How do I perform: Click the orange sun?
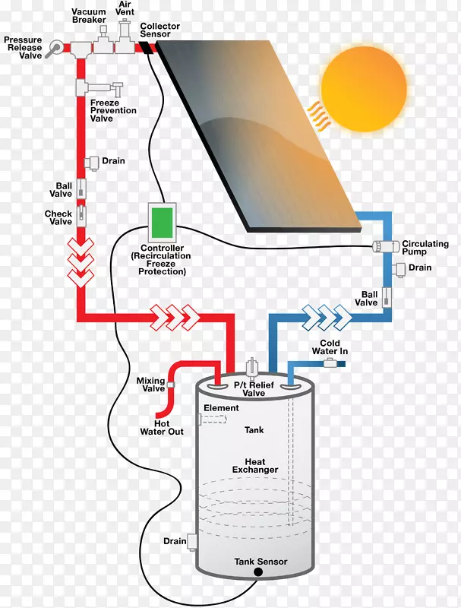(364, 86)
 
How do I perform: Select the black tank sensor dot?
(258, 571)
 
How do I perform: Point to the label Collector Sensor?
(160, 30)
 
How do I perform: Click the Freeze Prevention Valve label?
(113, 110)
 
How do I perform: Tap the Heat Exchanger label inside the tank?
(255, 466)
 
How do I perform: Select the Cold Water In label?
(330, 347)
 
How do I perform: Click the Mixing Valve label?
(150, 385)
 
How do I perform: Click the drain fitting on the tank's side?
(192, 541)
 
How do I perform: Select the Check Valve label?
(58, 217)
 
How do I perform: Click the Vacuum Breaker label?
(89, 17)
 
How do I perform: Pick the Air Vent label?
(125, 8)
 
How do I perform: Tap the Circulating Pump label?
(425, 249)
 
